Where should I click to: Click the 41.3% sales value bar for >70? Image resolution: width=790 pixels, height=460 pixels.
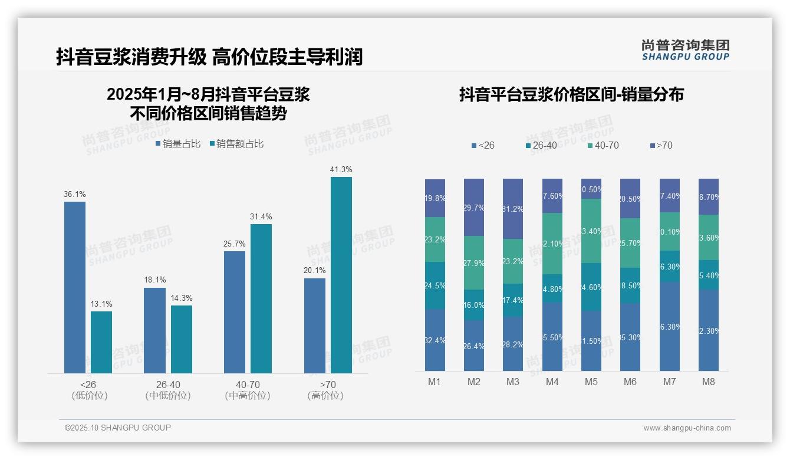pos(341,275)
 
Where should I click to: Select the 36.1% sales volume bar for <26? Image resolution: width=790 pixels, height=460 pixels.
pos(75,287)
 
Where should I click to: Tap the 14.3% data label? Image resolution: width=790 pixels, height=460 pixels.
pos(182,298)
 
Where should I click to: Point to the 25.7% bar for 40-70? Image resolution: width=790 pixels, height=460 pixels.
pos(235,312)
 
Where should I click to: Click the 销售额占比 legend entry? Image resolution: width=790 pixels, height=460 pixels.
pos(236,143)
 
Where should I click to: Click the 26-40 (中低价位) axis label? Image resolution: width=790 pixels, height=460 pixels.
pos(168,390)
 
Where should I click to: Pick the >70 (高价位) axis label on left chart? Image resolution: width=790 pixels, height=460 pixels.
pos(325,390)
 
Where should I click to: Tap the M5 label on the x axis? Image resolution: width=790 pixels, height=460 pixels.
pos(591,382)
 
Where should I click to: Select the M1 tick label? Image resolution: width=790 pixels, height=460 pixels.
pos(434,382)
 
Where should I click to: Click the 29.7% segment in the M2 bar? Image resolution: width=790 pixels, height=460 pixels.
pos(474,208)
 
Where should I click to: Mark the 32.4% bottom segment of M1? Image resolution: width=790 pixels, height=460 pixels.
pos(435,340)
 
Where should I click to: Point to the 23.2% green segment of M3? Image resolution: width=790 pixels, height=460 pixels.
pos(513,261)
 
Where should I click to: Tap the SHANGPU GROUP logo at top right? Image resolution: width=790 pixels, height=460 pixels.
pos(686,50)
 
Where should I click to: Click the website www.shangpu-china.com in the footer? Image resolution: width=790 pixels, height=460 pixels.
pos(687,428)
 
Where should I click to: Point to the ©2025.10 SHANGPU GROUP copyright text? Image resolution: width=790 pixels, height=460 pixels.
pos(117,428)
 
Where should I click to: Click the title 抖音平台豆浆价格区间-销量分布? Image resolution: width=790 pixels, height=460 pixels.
pos(571,94)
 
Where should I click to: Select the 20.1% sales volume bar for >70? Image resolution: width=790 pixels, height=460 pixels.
pos(315,326)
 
